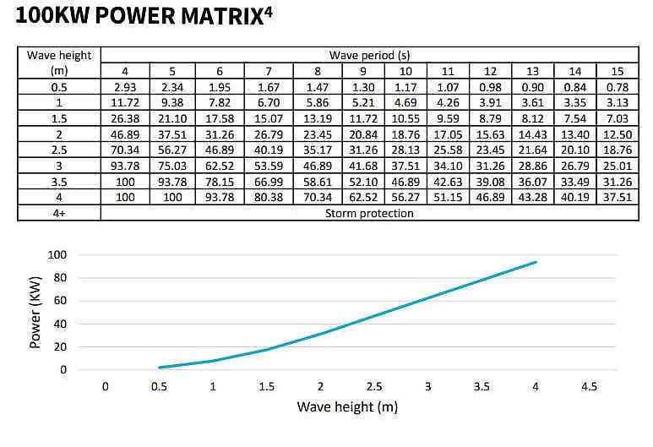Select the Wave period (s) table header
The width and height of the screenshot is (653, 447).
click(x=370, y=56)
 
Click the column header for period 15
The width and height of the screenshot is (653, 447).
click(x=617, y=71)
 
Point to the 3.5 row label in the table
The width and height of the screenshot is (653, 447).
click(x=59, y=181)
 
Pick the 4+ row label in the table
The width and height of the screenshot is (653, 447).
click(x=59, y=213)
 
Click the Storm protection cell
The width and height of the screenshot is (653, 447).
click(x=370, y=213)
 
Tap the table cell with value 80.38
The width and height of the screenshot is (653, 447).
click(x=269, y=197)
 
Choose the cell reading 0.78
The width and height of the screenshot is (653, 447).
click(x=617, y=87)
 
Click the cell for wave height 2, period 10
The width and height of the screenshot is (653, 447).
click(x=405, y=134)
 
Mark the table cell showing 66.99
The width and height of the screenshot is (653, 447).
click(x=269, y=181)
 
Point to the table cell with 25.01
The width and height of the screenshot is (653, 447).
click(x=617, y=166)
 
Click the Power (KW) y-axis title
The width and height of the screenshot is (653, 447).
click(x=35, y=313)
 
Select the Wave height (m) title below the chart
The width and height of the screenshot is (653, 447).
click(x=346, y=406)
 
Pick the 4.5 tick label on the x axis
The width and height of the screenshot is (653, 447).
click(x=590, y=386)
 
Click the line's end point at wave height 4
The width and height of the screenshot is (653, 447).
click(x=536, y=262)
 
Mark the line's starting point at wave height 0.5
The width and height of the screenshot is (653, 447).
click(x=160, y=368)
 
